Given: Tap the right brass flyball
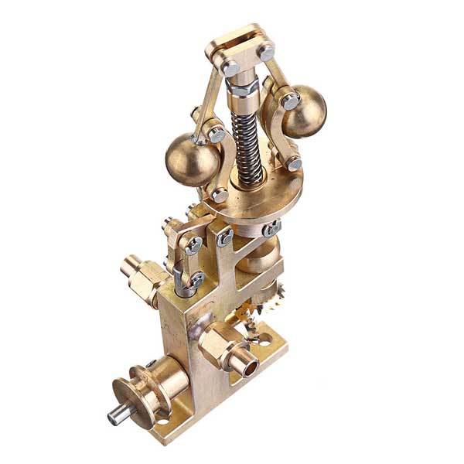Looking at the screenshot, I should coord(304,113).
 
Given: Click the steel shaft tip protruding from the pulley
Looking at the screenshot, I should coord(114,417).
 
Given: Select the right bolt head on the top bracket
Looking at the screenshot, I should coord(267,53).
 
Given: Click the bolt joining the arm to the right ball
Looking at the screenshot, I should coord(290,101).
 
